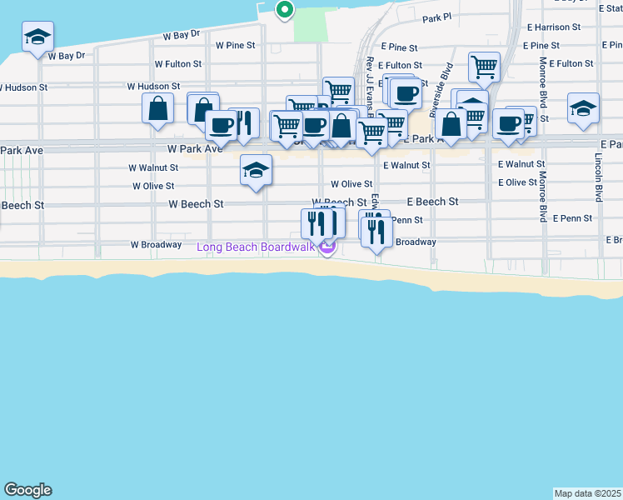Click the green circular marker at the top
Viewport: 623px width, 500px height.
pyautogui.click(x=285, y=10)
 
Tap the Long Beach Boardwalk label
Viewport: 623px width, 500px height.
pyautogui.click(x=255, y=247)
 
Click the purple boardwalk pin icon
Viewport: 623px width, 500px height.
pyautogui.click(x=327, y=247)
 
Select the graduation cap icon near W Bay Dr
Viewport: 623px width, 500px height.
pyautogui.click(x=37, y=37)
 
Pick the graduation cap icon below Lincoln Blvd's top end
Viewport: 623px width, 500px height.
pyautogui.click(x=583, y=109)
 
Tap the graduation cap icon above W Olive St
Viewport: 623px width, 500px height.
pyautogui.click(x=256, y=172)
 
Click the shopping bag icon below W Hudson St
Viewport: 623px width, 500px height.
pyautogui.click(x=157, y=109)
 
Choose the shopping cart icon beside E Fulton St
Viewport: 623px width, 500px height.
pyautogui.click(x=484, y=67)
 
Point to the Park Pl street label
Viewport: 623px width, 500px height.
pyautogui.click(x=436, y=17)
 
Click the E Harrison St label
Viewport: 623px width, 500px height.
pyautogui.click(x=554, y=27)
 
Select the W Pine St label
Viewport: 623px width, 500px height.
pyautogui.click(x=234, y=45)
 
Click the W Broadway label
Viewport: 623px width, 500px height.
pyautogui.click(x=156, y=245)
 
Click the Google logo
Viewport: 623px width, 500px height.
pyautogui.click(x=27, y=490)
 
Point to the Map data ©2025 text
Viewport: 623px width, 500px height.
pyautogui.click(x=587, y=493)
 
